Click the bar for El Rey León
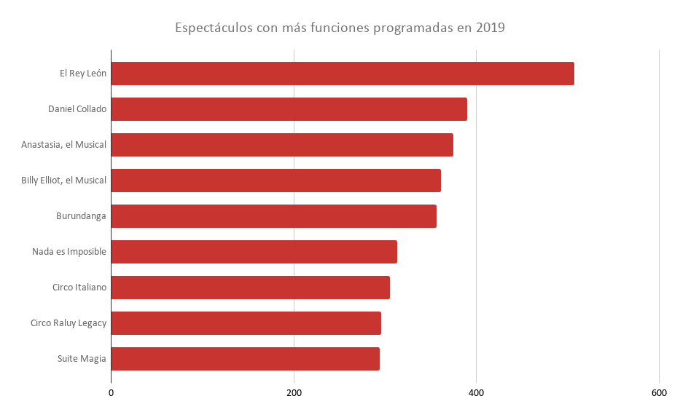pyautogui.click(x=343, y=74)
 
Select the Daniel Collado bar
pyautogui.click(x=289, y=109)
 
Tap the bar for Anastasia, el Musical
pyautogui.click(x=282, y=145)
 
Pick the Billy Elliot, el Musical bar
pyautogui.click(x=275, y=181)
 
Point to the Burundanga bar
pyautogui.click(x=273, y=216)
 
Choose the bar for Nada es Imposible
pyautogui.click(x=254, y=252)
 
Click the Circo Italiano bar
pyautogui.click(x=250, y=288)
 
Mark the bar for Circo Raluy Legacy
pyautogui.click(x=246, y=323)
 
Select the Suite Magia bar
pyautogui.click(x=245, y=359)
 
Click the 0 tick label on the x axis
pyautogui.click(x=112, y=394)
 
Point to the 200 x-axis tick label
pyautogui.click(x=294, y=394)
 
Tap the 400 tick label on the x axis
pyautogui.click(x=476, y=394)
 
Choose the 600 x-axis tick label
pyautogui.click(x=659, y=394)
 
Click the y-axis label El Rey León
pyautogui.click(x=83, y=74)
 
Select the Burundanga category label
pyautogui.click(x=81, y=216)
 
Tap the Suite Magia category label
pyautogui.click(x=82, y=359)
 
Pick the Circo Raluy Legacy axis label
pyautogui.click(x=69, y=323)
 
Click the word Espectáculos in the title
pyautogui.click(x=214, y=28)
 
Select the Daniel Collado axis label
pyautogui.click(x=77, y=109)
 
